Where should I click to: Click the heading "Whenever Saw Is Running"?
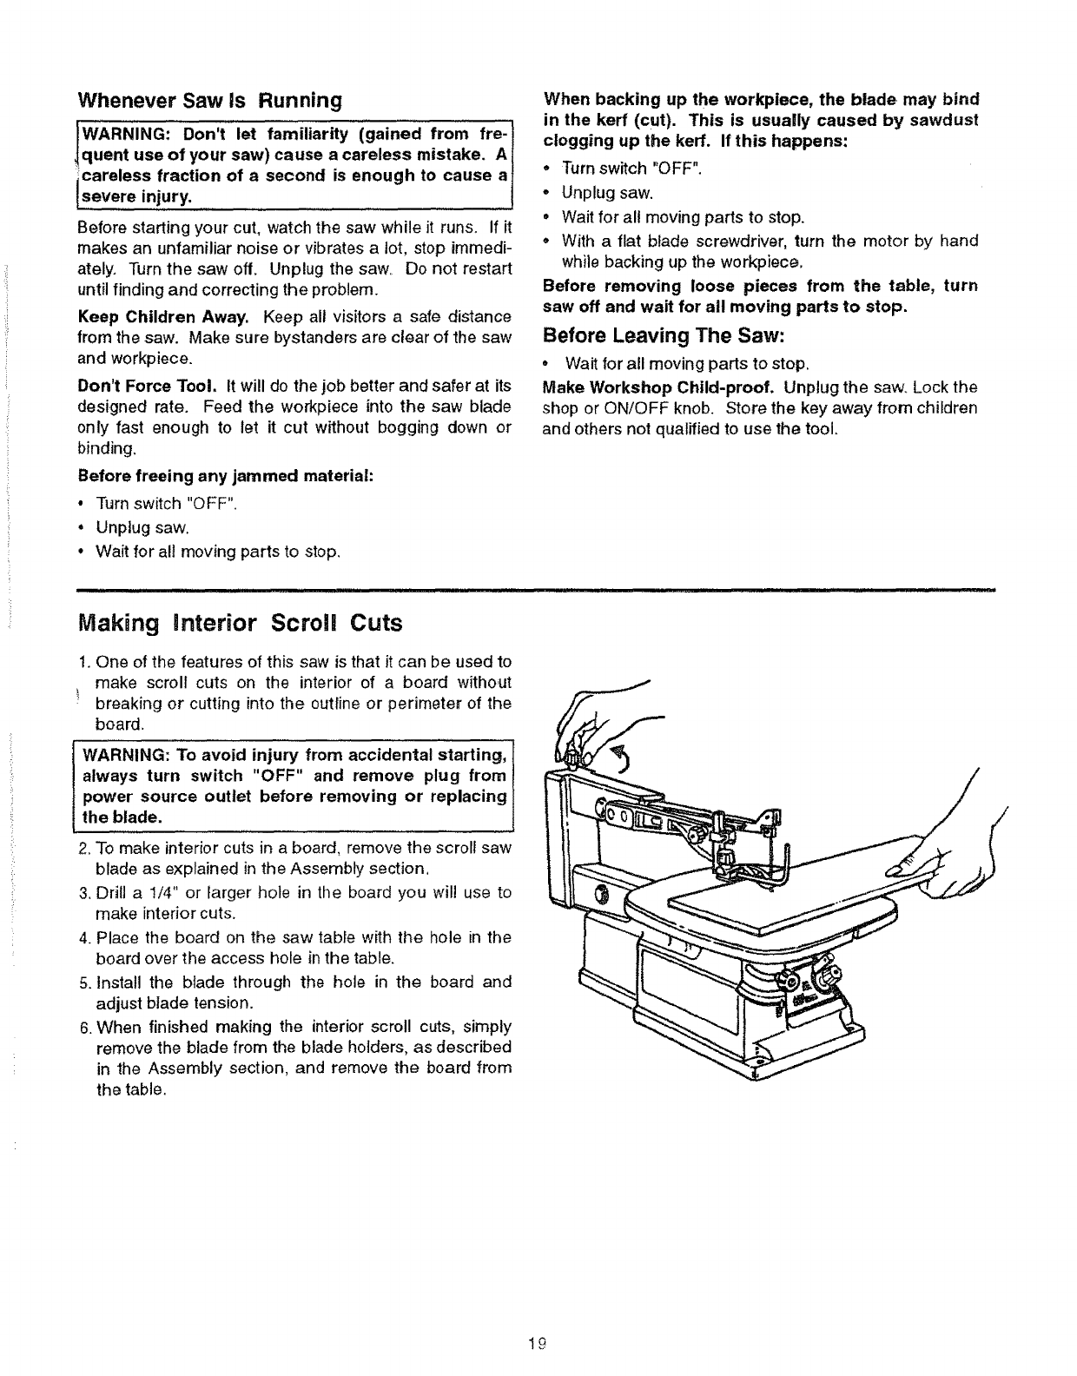pyautogui.click(x=208, y=100)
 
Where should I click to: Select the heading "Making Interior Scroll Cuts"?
pyautogui.click(x=241, y=624)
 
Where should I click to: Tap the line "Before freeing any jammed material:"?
pyautogui.click(x=226, y=476)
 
